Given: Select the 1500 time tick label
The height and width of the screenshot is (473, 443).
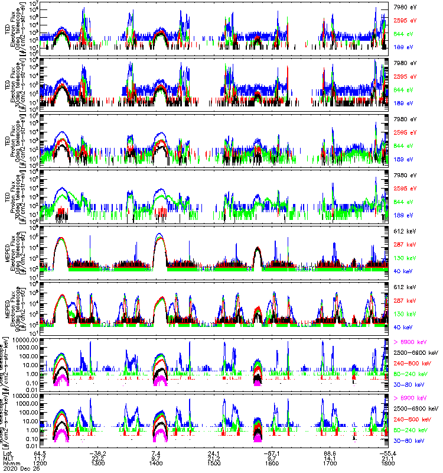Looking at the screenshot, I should pyautogui.click(x=214, y=464).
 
